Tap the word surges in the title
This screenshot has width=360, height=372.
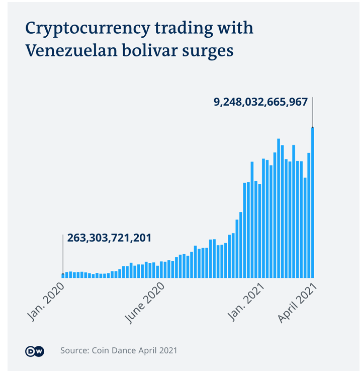click(210, 51)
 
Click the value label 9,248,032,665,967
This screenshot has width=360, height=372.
click(260, 102)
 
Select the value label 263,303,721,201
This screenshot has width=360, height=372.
click(109, 238)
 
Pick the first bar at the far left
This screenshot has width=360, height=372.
click(63, 275)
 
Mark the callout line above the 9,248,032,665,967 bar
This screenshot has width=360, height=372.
click(313, 112)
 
